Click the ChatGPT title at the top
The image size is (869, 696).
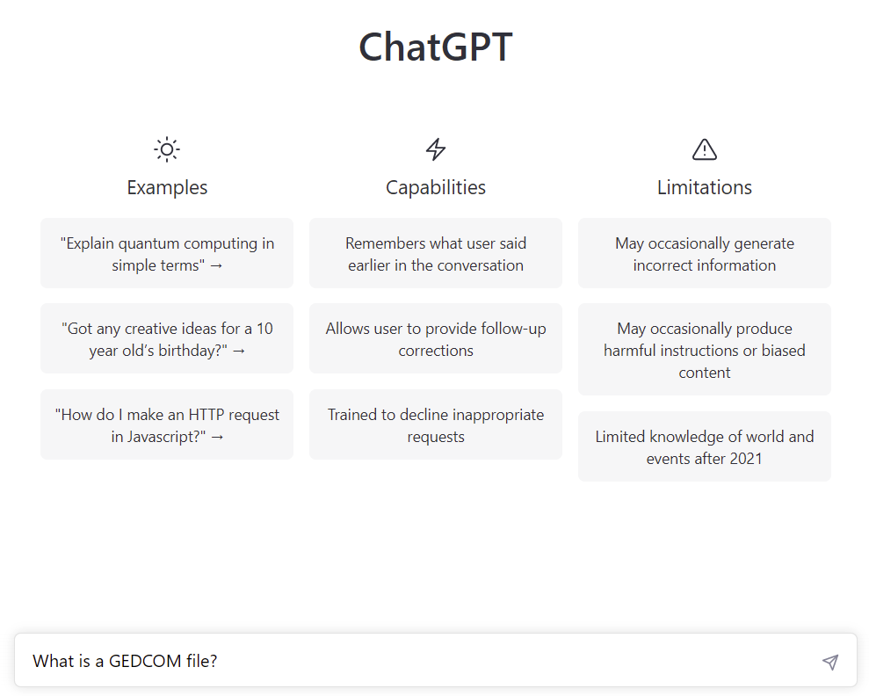point(436,47)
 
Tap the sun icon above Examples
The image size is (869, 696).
point(167,149)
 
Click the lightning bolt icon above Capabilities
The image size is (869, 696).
point(436,149)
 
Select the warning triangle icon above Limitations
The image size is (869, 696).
point(705,149)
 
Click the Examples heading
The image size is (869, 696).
point(167,187)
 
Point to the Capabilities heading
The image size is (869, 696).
point(436,187)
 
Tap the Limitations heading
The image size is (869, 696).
point(705,187)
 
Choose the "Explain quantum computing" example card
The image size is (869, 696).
point(167,253)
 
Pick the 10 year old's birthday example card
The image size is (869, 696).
point(167,338)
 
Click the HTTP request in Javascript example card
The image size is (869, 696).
point(167,424)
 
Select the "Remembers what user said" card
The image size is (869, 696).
point(436,253)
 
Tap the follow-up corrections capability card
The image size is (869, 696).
point(436,338)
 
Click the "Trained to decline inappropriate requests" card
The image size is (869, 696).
point(436,424)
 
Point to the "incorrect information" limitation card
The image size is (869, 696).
point(705,253)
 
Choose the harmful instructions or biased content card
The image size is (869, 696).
point(705,350)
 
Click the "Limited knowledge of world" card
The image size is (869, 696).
point(705,446)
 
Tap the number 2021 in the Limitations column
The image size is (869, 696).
point(746,459)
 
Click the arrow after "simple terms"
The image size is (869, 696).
point(217,266)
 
